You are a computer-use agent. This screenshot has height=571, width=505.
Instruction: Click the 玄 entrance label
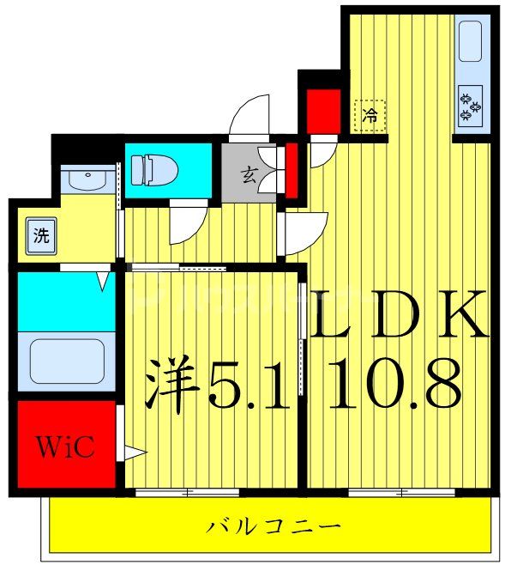click(248, 176)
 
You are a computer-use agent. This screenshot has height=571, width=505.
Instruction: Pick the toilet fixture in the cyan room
click(154, 169)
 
